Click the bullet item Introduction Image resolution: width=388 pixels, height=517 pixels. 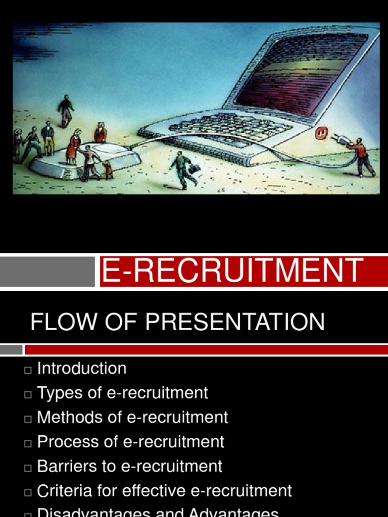pyautogui.click(x=82, y=369)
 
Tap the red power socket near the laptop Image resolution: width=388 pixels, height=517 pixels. pyautogui.click(x=321, y=133)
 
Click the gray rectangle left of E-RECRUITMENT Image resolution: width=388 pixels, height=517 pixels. pyautogui.click(x=47, y=271)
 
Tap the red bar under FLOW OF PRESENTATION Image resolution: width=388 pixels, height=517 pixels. pyautogui.click(x=206, y=350)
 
